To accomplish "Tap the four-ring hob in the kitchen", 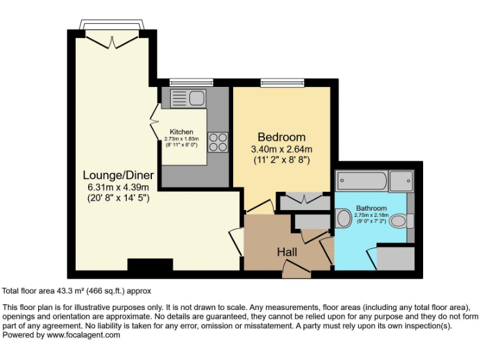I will [x=217, y=142].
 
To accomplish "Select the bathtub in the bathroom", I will [x=362, y=181].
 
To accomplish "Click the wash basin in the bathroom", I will [x=343, y=219].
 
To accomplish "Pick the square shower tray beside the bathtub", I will [x=401, y=181].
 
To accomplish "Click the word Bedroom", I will [x=281, y=137].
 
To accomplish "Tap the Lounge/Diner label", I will [x=118, y=175].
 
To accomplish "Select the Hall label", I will [x=287, y=252].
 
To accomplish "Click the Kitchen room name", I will [x=182, y=132].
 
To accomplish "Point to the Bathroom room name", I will [x=371, y=208].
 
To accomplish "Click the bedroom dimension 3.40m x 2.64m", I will [x=281, y=149].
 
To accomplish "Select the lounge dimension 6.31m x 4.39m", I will [x=118, y=187].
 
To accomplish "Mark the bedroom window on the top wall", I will [x=282, y=82].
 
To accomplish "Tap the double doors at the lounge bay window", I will [x=112, y=40].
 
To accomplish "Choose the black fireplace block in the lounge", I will [x=150, y=265].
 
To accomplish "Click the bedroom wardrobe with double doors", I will [x=304, y=201].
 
